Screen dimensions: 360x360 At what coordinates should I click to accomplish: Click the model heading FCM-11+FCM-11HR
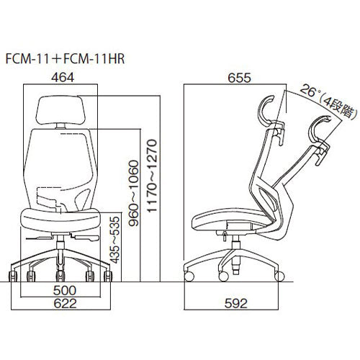click(65, 59)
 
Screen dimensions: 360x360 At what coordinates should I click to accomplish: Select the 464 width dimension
click(63, 77)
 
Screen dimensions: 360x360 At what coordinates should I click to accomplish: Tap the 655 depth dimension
click(239, 78)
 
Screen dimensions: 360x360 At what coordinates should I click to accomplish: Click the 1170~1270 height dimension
click(152, 176)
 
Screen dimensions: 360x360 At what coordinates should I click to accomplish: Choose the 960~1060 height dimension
click(133, 193)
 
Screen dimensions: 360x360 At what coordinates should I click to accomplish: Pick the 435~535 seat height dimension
click(114, 240)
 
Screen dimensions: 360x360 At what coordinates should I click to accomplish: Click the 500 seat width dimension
click(65, 290)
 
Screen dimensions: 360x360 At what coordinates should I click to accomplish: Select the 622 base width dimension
click(65, 304)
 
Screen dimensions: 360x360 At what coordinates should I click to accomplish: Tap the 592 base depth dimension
click(236, 304)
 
